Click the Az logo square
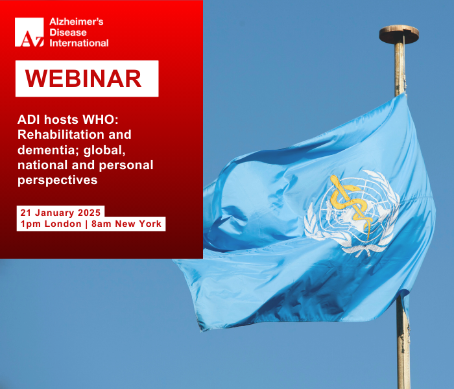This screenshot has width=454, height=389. [x=29, y=32]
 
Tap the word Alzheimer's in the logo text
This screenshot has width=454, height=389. [x=77, y=21]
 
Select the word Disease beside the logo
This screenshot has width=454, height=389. [x=68, y=32]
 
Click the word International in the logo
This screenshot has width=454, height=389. [x=79, y=43]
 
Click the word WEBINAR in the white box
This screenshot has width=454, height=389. [x=84, y=78]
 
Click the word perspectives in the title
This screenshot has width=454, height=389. [x=58, y=181]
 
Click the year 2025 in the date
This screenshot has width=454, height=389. [x=89, y=213]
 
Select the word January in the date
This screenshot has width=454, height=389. [x=54, y=213]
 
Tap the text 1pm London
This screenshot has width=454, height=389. [x=51, y=224]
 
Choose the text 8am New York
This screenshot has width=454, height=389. [x=126, y=224]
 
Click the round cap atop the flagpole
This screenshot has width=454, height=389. [x=399, y=34]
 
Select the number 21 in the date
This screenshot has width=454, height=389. [x=25, y=213]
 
